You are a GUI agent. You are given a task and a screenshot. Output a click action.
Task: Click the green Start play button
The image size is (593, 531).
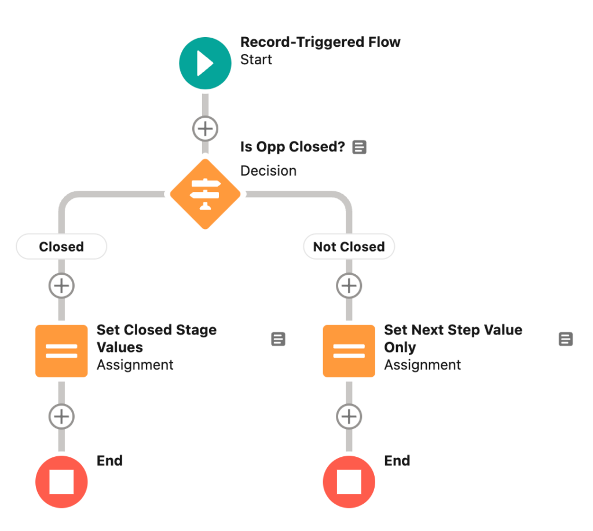pos(205,63)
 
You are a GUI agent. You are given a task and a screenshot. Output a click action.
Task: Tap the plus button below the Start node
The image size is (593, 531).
pos(205,129)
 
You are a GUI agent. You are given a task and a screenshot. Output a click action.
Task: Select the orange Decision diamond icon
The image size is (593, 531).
pos(205,194)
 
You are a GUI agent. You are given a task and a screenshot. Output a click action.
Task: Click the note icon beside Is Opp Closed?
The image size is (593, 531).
pos(359,147)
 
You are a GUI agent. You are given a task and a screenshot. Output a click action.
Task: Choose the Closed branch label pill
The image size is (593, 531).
pos(61,247)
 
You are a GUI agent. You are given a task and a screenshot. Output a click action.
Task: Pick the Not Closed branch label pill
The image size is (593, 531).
pos(349,247)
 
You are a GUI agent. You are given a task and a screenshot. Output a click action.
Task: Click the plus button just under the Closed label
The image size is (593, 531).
pos(61,286)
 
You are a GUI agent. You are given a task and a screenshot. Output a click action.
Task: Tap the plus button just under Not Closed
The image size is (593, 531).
pos(349,286)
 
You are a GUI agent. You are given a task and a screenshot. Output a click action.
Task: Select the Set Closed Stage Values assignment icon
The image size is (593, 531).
pos(61,351)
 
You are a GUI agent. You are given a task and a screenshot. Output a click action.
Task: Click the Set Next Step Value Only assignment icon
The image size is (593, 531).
pos(349,351)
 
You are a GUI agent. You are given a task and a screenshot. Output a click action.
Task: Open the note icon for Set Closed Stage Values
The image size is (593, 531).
pos(278,339)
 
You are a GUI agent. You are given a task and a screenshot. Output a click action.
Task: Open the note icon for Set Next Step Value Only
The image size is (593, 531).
pos(565,339)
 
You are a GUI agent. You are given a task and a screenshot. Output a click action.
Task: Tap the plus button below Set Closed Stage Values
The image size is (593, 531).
pos(61,416)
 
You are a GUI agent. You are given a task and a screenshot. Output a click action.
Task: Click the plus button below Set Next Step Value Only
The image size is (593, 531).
pos(349,416)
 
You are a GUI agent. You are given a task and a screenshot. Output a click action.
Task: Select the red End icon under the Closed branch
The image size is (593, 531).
pos(61,482)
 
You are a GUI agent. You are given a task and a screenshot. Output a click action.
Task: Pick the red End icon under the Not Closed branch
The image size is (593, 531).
pos(349,482)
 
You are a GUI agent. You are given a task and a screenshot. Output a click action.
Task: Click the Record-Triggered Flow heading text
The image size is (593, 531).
pos(320,42)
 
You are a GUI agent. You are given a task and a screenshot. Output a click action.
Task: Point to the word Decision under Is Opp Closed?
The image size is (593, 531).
pos(269,170)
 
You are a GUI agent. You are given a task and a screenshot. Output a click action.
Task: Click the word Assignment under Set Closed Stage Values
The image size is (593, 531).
pos(135,365)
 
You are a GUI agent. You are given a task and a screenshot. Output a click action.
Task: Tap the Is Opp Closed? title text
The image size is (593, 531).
pos(292,147)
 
